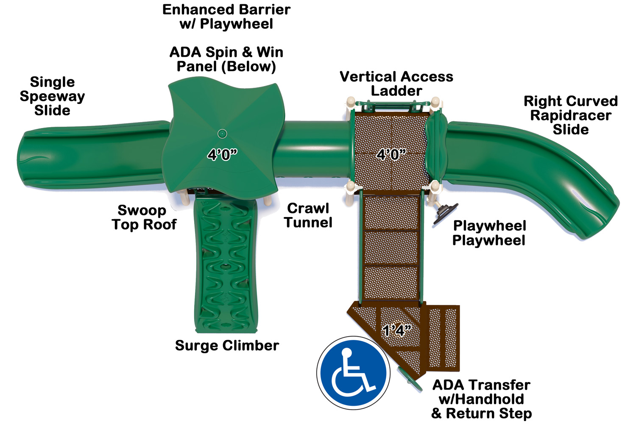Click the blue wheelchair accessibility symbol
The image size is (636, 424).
point(353,373)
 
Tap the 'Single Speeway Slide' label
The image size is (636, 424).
point(52,96)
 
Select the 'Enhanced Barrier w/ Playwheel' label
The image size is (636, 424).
point(226,17)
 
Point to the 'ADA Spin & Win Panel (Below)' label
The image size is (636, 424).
point(226,59)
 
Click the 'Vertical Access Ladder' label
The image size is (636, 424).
point(396,84)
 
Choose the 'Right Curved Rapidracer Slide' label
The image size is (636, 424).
point(571,115)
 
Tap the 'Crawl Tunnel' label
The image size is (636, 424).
point(308,215)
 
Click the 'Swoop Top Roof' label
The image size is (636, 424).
point(144,217)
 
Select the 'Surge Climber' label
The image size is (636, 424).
point(227,346)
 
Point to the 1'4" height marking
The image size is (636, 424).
point(396,331)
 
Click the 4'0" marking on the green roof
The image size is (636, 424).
point(222,155)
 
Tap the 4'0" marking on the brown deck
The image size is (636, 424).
point(391,155)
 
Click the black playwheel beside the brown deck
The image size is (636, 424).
point(445,214)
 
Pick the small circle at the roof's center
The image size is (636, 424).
point(222,134)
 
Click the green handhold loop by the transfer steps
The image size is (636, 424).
point(410,379)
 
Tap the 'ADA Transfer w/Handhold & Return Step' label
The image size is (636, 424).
point(481,399)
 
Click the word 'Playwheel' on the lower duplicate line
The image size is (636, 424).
point(488,240)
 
